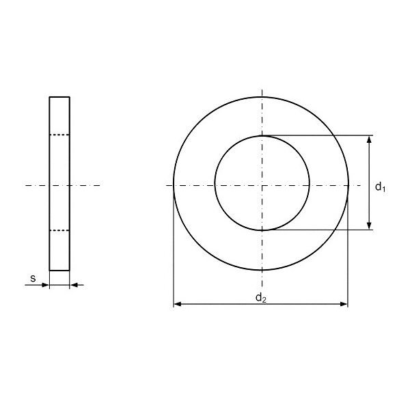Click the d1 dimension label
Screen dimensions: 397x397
[x=380, y=187]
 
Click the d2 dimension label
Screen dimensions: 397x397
[x=261, y=297]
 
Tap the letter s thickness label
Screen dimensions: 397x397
[x=33, y=279]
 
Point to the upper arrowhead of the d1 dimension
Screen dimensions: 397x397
[x=369, y=139]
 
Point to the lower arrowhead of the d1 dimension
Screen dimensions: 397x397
[x=369, y=226]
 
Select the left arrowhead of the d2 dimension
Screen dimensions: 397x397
[x=178, y=304]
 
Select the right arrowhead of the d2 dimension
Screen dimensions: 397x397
[x=344, y=304]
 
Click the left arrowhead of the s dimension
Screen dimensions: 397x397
[x=45, y=285]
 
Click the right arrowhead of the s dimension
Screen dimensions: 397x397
[x=74, y=285]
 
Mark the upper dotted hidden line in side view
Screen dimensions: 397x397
[x=59, y=135]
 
